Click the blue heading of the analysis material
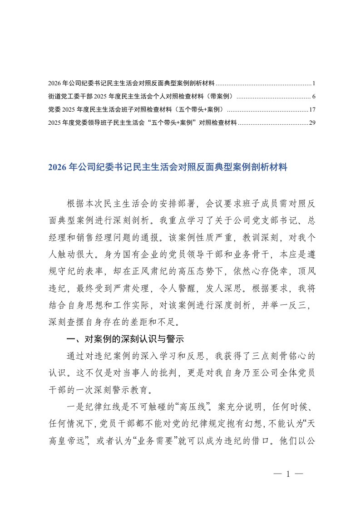168,167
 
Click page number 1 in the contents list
314,84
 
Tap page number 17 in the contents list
312,109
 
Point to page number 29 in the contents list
312,122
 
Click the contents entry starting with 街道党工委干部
140,97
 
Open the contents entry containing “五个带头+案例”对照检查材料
143,122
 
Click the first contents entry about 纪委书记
131,84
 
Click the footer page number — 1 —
288,474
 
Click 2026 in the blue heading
56,167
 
